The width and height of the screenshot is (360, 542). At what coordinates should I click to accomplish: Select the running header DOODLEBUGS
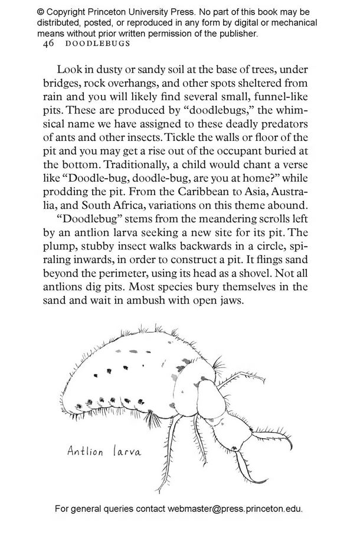pyautogui.click(x=96, y=44)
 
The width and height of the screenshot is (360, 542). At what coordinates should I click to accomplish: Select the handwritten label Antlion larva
pyautogui.click(x=104, y=452)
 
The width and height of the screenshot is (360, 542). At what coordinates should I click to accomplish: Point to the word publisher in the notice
pyautogui.click(x=234, y=34)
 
